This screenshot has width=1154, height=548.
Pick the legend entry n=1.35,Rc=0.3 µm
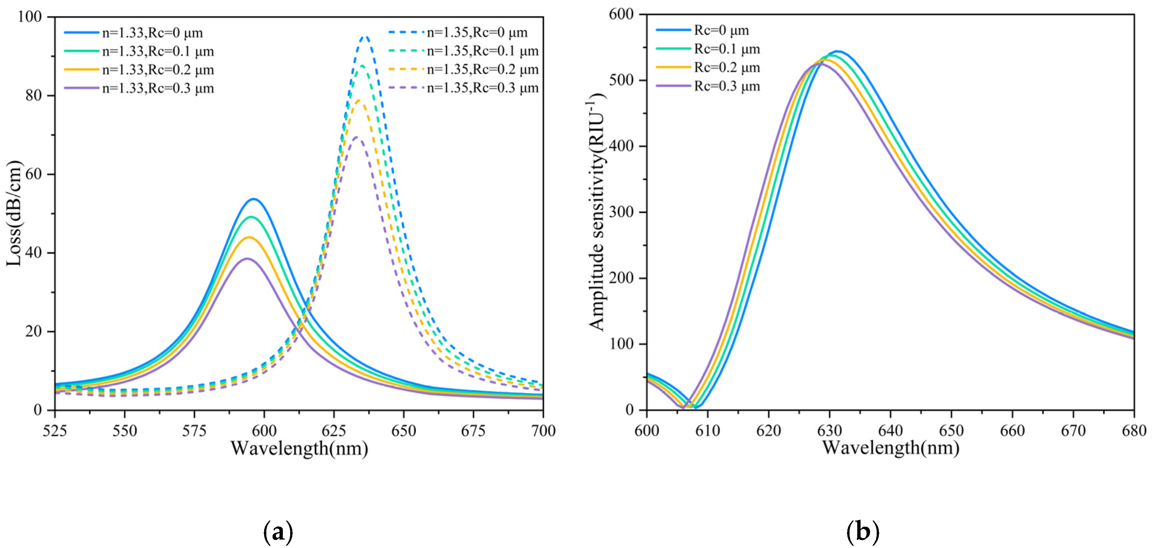pos(482,88)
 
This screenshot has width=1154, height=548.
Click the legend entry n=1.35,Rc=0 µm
pos(477,33)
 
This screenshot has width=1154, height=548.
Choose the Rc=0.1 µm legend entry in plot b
pos(726,49)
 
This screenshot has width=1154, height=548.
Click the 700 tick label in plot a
pos(543,431)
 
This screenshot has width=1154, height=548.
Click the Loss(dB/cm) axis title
pos(14,213)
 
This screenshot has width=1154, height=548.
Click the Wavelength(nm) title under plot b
pos(891,448)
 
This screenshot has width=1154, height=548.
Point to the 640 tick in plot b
pos(891,431)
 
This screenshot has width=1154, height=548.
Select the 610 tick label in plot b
pos(707,431)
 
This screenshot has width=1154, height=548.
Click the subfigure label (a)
pos(278,532)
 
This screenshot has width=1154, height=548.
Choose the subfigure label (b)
pos(863,532)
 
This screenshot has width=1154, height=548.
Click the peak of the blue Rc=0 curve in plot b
pos(836,52)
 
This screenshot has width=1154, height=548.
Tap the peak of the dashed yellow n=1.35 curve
pos(359,100)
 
